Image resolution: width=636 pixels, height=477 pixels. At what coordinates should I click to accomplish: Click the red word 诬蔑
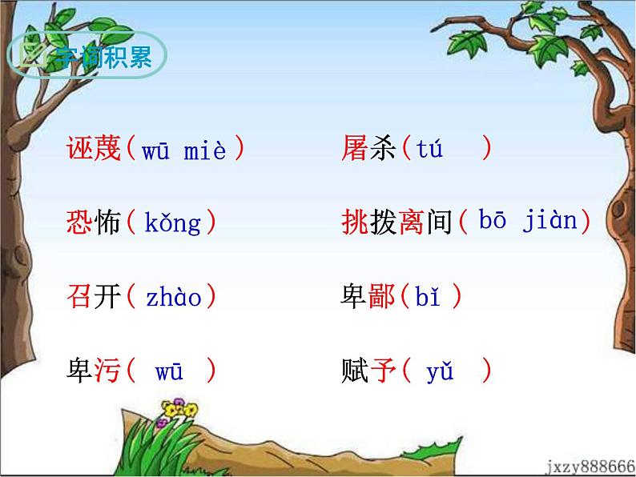93,150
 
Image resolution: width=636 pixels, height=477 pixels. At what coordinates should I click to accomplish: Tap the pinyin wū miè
184,150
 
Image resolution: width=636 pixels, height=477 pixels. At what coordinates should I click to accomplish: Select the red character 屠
354,150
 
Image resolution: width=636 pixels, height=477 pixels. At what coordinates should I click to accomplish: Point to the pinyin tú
430,150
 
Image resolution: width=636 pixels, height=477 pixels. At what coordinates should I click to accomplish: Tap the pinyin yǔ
441,372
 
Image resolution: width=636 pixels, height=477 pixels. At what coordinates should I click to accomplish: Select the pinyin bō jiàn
528,222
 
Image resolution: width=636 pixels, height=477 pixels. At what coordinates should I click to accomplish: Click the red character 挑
354,223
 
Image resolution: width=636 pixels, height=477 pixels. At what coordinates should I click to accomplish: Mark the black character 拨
382,223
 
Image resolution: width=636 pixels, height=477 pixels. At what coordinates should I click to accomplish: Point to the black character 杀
382,150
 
